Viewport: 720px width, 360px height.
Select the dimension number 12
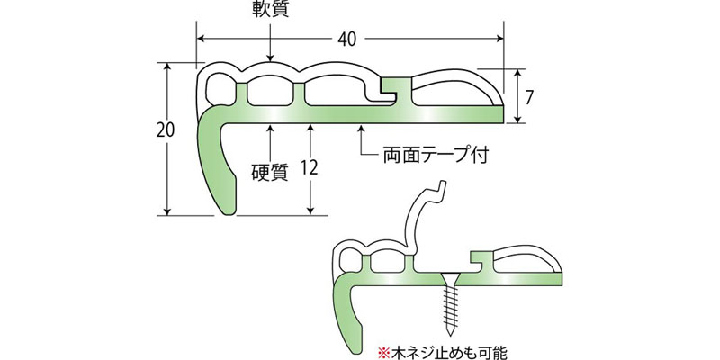coord(310,167)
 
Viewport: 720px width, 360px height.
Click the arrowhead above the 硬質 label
coord(270,128)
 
